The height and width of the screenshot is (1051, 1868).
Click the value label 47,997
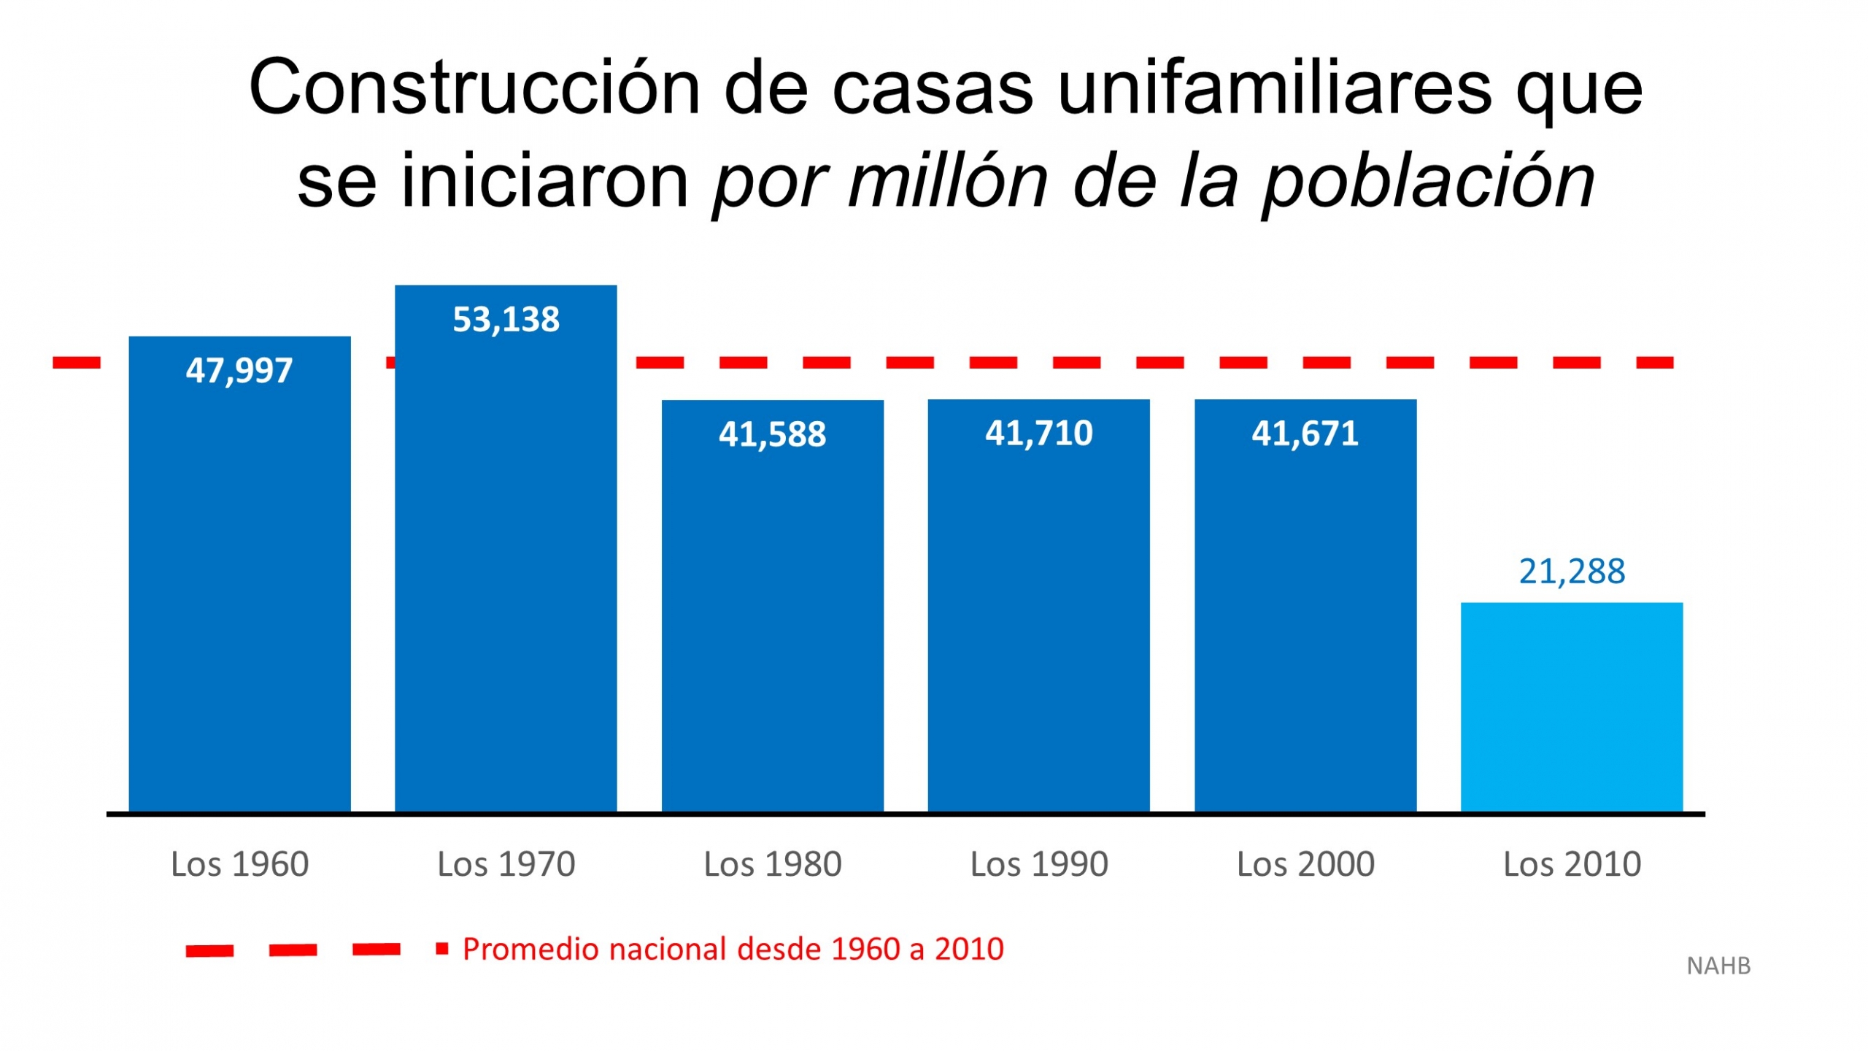[239, 371]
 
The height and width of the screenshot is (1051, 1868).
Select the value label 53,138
[506, 320]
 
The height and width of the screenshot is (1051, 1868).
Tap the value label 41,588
[772, 434]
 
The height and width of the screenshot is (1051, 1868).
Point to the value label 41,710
[1038, 434]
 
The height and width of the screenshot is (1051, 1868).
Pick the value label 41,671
[1305, 434]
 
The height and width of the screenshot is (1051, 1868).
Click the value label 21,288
[1572, 571]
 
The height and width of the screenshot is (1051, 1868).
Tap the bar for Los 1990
[1038, 620]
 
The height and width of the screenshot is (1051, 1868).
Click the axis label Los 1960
[239, 864]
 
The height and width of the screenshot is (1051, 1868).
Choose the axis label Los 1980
[772, 864]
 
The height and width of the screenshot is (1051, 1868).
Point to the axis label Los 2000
[1305, 864]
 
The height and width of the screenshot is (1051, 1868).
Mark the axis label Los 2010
[1572, 864]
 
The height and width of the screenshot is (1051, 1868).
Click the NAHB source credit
[1718, 966]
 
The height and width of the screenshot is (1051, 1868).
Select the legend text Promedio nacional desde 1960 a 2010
[733, 949]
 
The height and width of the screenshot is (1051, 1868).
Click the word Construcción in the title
[474, 88]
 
